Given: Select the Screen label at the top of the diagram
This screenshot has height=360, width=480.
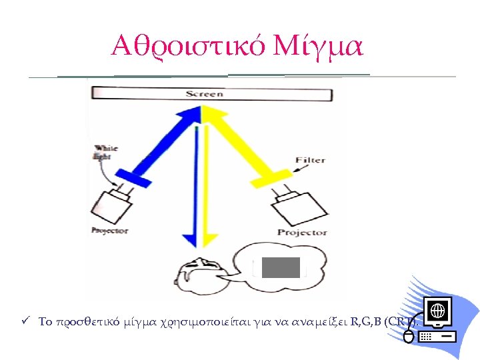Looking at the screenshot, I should coord(204,94).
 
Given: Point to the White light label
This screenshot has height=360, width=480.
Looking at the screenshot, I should coord(105,152).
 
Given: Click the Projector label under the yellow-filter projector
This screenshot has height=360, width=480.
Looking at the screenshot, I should coord(302,233).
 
